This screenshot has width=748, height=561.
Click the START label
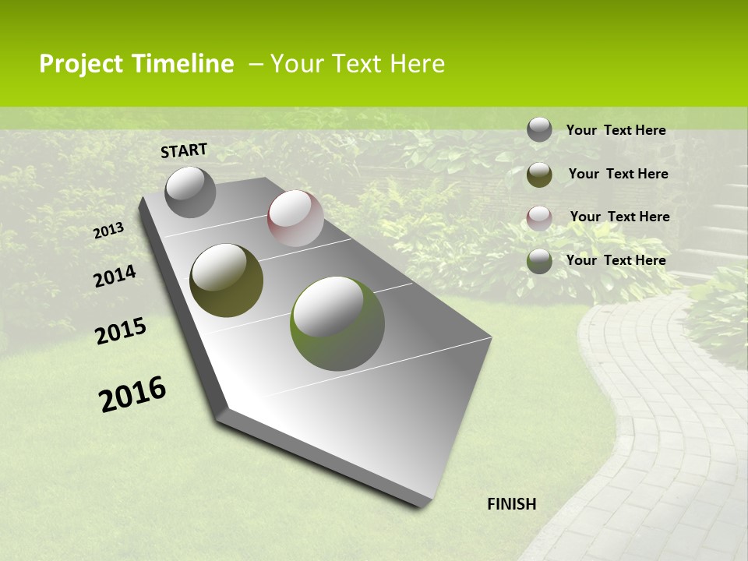click(x=184, y=150)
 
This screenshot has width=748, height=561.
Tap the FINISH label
click(x=511, y=504)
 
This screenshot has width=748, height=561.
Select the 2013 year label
click(x=108, y=231)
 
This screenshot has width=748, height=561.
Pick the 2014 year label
click(x=115, y=277)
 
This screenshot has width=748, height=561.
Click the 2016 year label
click(x=132, y=394)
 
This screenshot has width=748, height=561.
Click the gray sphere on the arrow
click(x=190, y=192)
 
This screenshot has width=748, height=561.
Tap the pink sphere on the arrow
click(x=295, y=218)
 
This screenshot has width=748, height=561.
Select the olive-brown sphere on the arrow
click(x=227, y=280)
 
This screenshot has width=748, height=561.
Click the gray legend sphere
click(x=539, y=129)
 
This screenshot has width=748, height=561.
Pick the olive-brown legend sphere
click(x=539, y=175)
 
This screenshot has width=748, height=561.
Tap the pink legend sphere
click(x=539, y=218)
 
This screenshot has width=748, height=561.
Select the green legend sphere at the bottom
click(x=539, y=261)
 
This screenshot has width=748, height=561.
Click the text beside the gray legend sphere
click(x=616, y=130)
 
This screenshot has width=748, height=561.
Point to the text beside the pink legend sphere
click(x=619, y=217)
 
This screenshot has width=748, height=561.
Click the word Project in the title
click(x=82, y=64)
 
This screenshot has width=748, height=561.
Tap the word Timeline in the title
click(x=183, y=64)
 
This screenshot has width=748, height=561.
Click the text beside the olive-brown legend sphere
click(x=618, y=174)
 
